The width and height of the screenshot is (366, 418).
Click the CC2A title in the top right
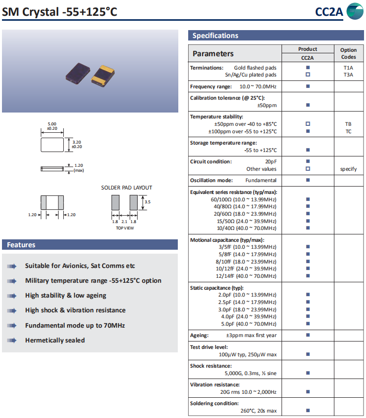tap(329, 12)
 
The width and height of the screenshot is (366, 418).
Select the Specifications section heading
tap(215, 36)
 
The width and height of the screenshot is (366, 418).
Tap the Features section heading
tap(21, 245)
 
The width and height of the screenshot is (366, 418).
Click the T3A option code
tap(348, 75)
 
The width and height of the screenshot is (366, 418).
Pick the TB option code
tap(348, 124)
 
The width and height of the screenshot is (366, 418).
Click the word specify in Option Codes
tap(348, 169)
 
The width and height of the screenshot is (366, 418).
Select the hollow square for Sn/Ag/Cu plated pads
tap(308, 75)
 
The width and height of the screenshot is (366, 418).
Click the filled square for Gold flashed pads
tap(308, 68)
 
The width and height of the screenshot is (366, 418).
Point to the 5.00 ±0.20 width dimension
tap(52, 126)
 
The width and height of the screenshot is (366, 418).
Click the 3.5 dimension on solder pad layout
tap(147, 201)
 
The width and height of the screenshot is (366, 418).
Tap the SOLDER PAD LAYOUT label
tap(126, 188)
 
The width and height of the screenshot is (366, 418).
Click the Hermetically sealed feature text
tap(55, 340)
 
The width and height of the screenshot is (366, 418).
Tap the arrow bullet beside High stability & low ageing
tap(11, 296)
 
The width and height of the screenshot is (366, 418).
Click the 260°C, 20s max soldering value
tap(258, 411)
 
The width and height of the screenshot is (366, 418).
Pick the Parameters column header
tap(213, 53)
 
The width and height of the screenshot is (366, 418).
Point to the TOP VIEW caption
tap(124, 228)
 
